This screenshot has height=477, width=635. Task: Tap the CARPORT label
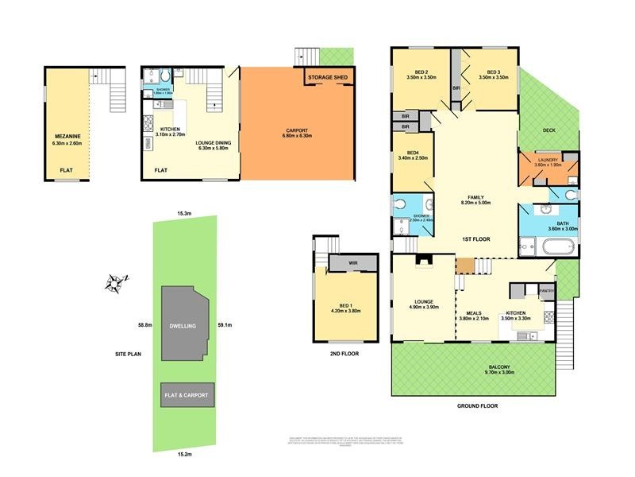(x=298, y=131)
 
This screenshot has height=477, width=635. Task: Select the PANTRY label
(x=545, y=292)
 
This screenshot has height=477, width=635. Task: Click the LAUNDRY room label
(x=548, y=161)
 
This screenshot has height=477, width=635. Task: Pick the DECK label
(x=549, y=130)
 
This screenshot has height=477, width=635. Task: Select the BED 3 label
(x=488, y=72)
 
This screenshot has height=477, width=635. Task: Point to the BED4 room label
(x=412, y=153)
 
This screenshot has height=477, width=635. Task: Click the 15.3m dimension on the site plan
(x=184, y=213)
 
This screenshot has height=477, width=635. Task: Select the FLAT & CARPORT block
(x=187, y=394)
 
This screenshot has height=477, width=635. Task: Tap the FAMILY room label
(x=475, y=197)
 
